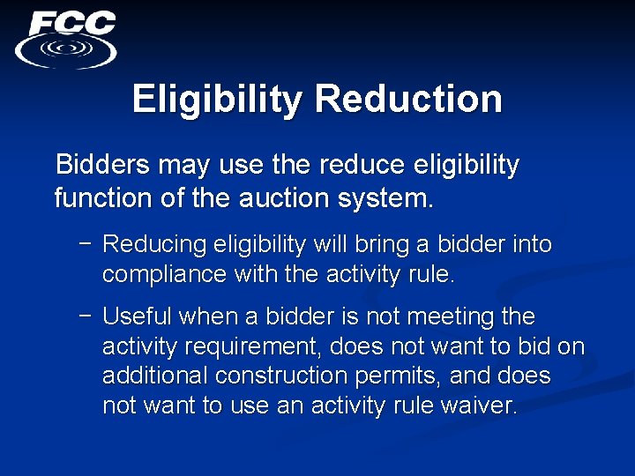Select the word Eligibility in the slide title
click(x=217, y=99)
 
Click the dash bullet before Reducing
click(x=85, y=244)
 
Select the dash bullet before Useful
click(x=85, y=316)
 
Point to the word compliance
click(x=164, y=274)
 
